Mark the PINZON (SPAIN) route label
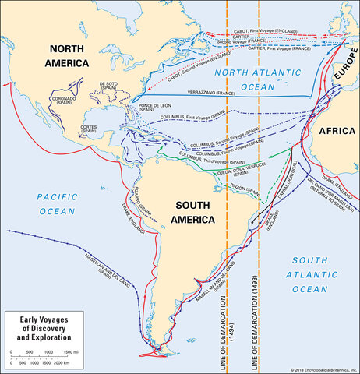tap(235, 189)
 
